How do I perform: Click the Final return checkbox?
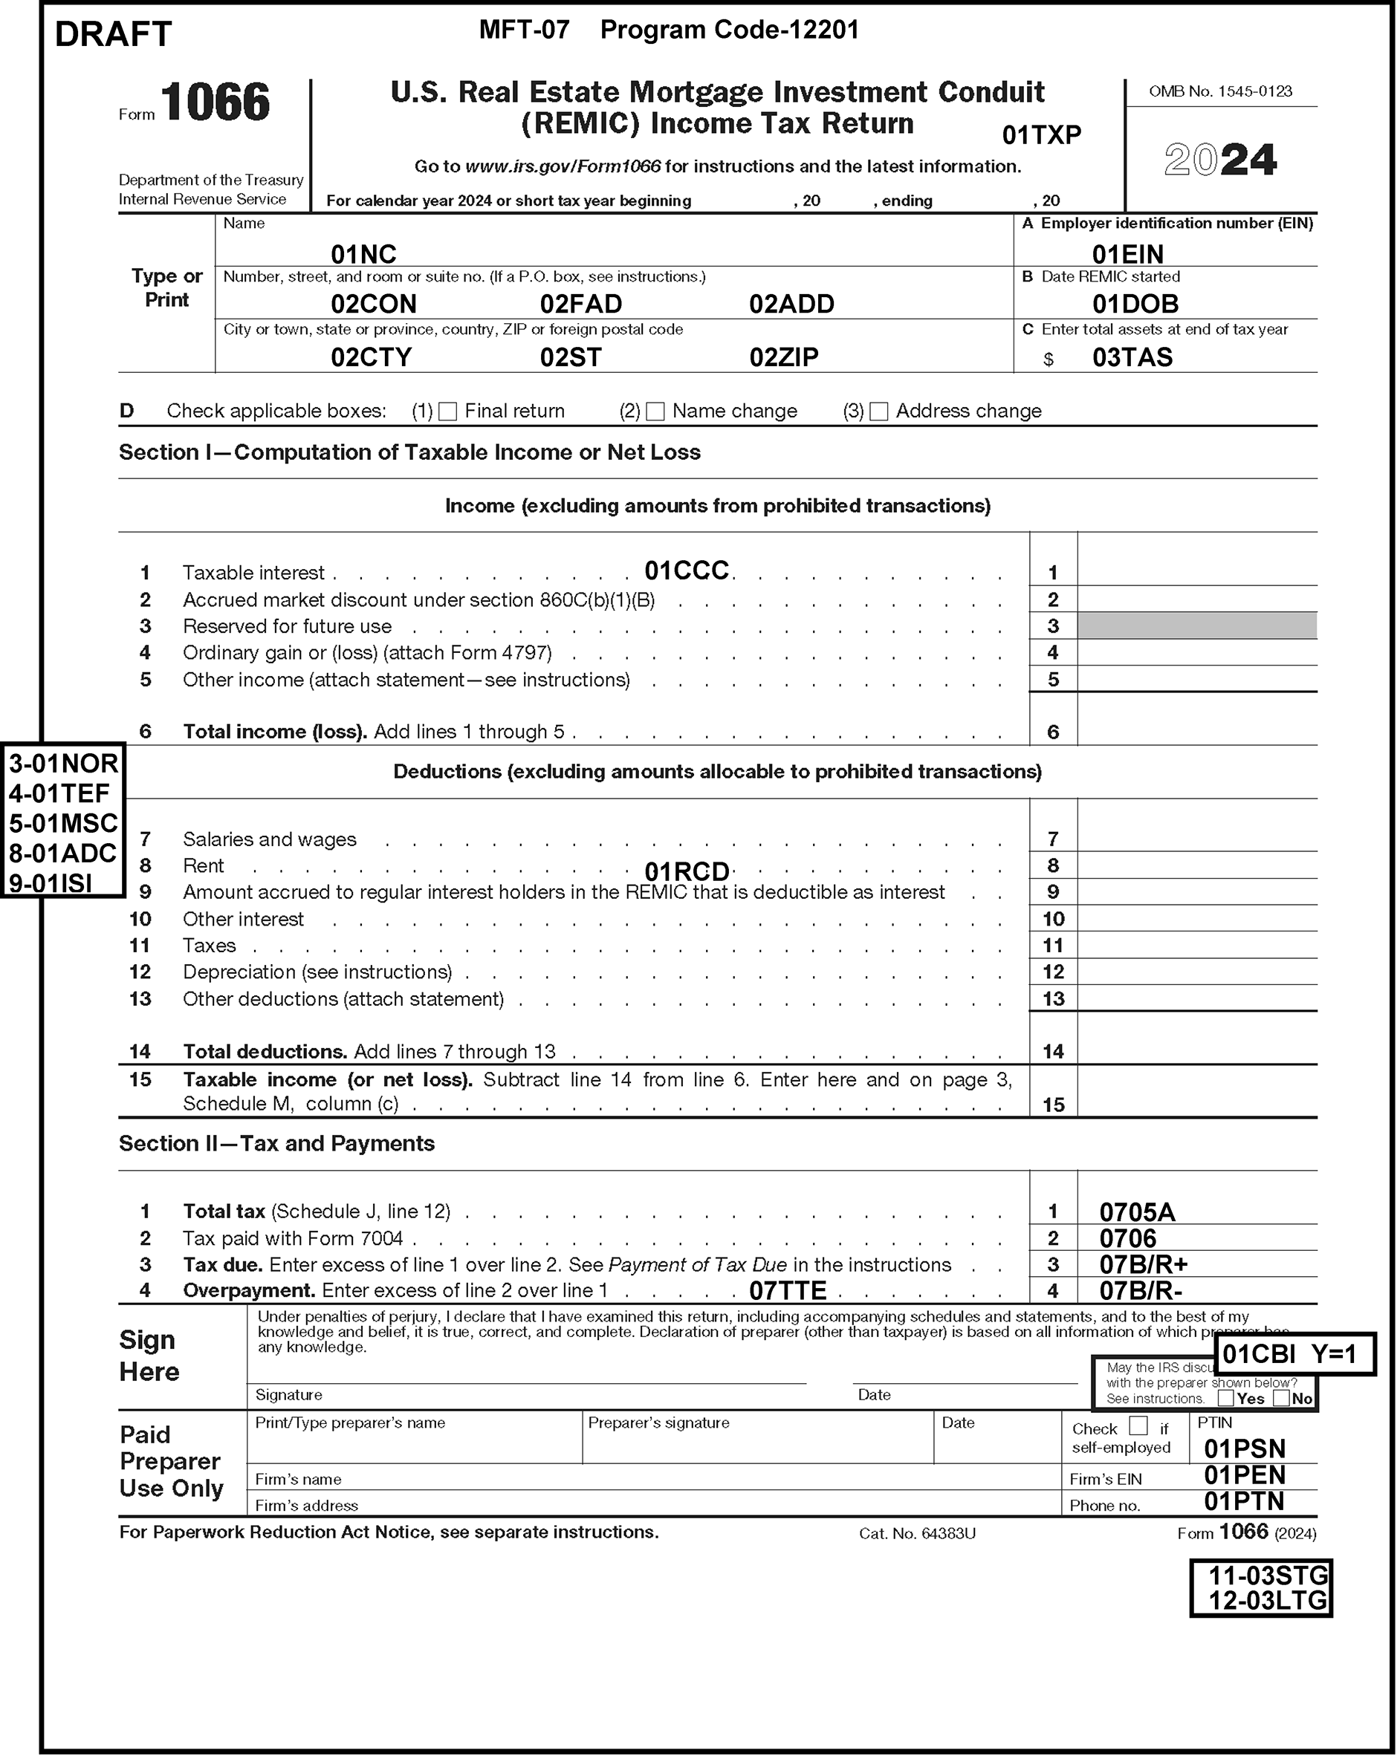(x=447, y=412)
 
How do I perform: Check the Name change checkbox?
(x=655, y=412)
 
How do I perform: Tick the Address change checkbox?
(x=878, y=412)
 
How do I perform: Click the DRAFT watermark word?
(x=113, y=34)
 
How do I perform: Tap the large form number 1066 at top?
(x=215, y=103)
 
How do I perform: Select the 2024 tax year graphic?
(x=1220, y=159)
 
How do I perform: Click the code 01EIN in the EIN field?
(x=1128, y=254)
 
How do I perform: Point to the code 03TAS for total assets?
(x=1132, y=357)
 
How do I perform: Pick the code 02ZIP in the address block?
(x=784, y=357)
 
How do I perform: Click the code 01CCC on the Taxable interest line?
(x=687, y=570)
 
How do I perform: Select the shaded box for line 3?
(x=1196, y=625)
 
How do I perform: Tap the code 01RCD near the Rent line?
(x=687, y=871)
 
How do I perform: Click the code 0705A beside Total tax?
(x=1137, y=1212)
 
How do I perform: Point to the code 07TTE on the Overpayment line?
(x=787, y=1290)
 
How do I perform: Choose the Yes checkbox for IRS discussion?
(x=1225, y=1399)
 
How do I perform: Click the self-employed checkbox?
(x=1138, y=1426)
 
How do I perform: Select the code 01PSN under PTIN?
(x=1245, y=1448)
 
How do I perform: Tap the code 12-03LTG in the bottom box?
(x=1267, y=1601)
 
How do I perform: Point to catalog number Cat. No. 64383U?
(x=917, y=1534)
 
